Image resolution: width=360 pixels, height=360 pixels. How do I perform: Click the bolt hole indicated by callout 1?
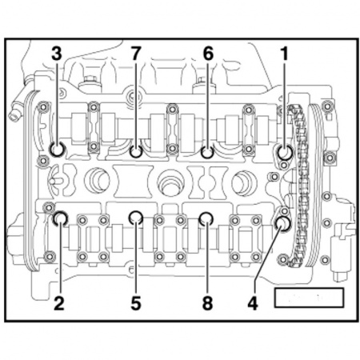(x=283, y=151)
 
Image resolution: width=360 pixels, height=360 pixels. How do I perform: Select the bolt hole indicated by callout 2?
(x=59, y=218)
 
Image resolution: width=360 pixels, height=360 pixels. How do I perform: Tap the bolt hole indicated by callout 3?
(x=57, y=150)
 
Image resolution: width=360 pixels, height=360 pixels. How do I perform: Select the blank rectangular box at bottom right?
(x=308, y=298)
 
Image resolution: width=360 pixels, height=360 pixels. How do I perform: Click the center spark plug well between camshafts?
(x=170, y=182)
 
